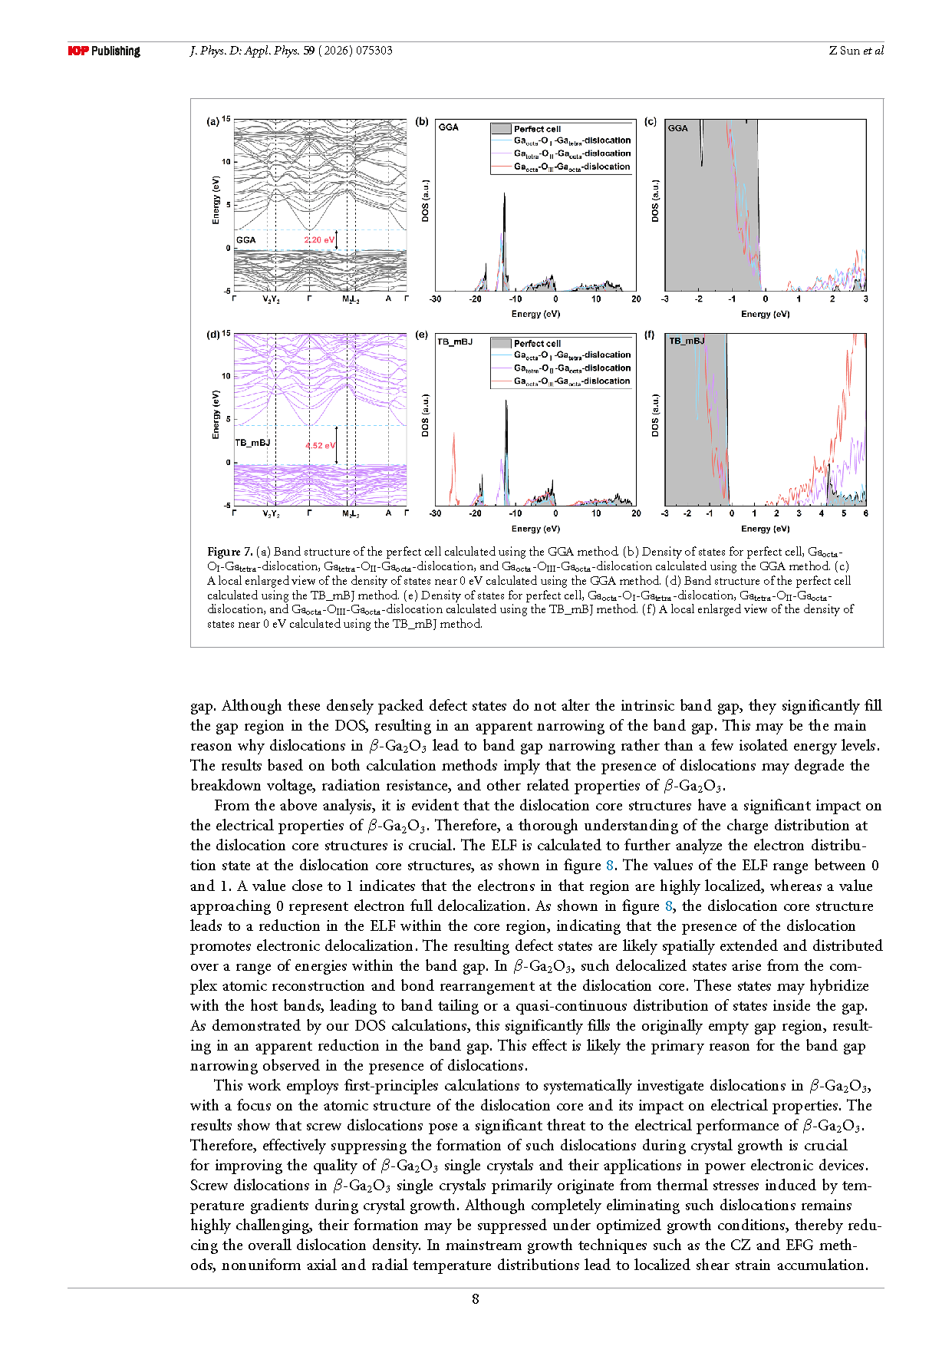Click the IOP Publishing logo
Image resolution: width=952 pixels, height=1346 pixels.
tap(104, 51)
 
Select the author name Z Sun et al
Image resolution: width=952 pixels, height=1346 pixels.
tap(856, 51)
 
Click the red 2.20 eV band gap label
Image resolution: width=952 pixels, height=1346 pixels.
tap(319, 240)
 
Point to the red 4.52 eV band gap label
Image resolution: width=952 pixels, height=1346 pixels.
tap(320, 446)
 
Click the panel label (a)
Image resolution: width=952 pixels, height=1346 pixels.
tap(212, 121)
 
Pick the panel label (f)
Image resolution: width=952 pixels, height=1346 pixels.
tap(649, 335)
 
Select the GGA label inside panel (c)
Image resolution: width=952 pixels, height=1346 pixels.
tap(678, 128)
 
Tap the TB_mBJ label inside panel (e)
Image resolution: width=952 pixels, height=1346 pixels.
tap(455, 341)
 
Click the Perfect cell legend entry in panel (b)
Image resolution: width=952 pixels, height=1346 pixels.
tap(537, 129)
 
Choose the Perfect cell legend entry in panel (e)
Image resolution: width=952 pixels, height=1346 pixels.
tap(537, 344)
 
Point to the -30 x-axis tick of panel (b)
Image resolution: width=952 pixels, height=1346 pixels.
tap(436, 299)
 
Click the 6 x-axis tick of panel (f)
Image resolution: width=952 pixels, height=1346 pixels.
tap(865, 513)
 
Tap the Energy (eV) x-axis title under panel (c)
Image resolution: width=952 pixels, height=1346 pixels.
tap(765, 314)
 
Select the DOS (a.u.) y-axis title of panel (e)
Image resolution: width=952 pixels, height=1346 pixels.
tap(426, 416)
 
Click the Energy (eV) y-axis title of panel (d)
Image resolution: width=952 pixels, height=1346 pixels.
tap(216, 414)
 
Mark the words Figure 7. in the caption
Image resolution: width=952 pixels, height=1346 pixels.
tap(229, 552)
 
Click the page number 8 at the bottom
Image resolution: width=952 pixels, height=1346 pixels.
tap(476, 1298)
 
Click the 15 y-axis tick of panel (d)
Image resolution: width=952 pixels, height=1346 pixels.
tap(226, 334)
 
